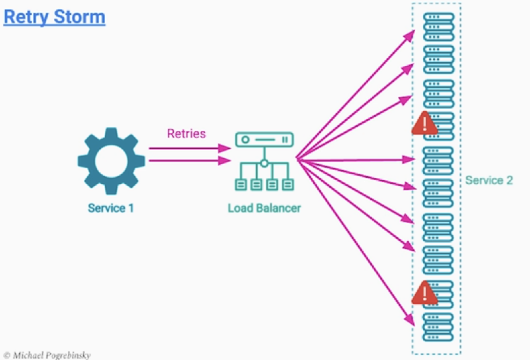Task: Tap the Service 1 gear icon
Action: pos(111,161)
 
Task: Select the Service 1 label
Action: pos(111,208)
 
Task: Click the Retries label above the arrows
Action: pos(187,133)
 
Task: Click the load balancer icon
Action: pos(264,162)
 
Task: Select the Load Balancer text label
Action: pos(264,208)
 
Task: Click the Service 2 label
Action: pos(489,180)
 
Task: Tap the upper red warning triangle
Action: pos(425,123)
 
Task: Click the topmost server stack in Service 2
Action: pos(439,27)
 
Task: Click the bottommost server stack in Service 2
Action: pos(438,327)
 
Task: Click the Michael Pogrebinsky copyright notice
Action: pos(47,355)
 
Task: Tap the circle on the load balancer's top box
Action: pos(245,140)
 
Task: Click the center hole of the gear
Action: pos(111,161)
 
